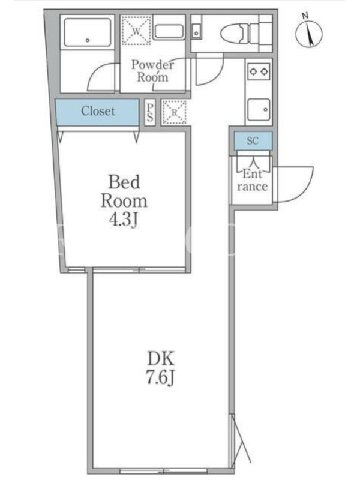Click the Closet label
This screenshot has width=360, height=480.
pyautogui.click(x=98, y=111)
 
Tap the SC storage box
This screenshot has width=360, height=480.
pyautogui.click(x=253, y=141)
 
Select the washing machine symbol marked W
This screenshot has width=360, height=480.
pyautogui.click(x=137, y=31)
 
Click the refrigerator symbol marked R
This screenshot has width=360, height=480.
pyautogui.click(x=174, y=112)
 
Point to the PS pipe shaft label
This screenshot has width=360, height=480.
pyautogui.click(x=149, y=112)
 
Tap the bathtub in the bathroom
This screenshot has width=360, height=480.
pyautogui.click(x=88, y=32)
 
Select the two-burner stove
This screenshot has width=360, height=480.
pyautogui.click(x=259, y=71)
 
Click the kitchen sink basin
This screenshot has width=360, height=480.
pyautogui.click(x=259, y=109)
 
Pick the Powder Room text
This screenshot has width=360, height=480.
pyautogui.click(x=152, y=71)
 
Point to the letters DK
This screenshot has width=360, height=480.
pyautogui.click(x=161, y=358)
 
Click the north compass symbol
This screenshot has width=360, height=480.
pyautogui.click(x=309, y=34)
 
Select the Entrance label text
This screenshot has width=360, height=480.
pyautogui.click(x=253, y=181)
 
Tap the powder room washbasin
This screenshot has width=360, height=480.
pyautogui.click(x=169, y=32)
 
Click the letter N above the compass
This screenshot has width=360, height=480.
pyautogui.click(x=305, y=16)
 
